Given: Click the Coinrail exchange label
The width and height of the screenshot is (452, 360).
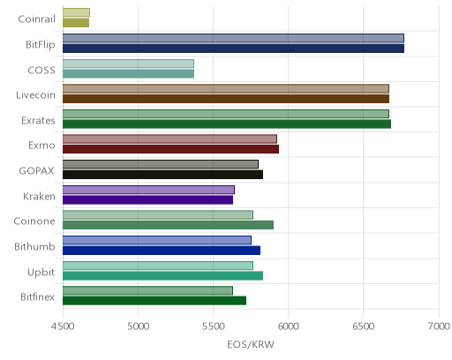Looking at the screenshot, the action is point(36,19).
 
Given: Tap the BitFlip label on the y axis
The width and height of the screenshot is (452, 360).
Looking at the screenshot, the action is point(41,44).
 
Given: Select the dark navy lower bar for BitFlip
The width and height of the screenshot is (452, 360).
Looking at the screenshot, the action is point(233,49).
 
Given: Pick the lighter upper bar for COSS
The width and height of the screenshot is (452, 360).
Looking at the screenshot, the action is point(128,64).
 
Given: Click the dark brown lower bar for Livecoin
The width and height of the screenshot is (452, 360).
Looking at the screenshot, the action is point(226,99).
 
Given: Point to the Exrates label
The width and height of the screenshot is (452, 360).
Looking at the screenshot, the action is point(38,121).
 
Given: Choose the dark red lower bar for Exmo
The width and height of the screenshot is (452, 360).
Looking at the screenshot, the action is point(170,149).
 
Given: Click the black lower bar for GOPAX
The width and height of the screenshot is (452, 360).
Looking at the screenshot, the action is point(162,175).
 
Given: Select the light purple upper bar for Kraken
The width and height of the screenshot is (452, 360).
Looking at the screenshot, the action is point(148,190).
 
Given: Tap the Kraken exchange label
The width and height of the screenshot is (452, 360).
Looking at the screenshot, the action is point(39,196).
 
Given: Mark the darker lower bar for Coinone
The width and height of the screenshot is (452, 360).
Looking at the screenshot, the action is point(168,225).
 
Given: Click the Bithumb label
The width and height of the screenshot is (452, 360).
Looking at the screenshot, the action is point(34,246).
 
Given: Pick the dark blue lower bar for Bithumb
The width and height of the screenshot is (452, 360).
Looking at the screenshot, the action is point(162,251).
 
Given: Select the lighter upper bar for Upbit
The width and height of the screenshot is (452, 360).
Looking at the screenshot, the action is point(158,266).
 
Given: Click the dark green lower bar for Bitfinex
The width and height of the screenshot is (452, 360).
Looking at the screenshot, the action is point(154,301).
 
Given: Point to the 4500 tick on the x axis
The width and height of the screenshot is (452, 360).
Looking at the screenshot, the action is point(63,326).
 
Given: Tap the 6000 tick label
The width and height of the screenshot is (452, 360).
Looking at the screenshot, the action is point(288,326).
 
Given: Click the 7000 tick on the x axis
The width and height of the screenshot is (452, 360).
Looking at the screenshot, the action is point(439,326).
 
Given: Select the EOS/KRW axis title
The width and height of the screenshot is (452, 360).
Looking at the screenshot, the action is point(251,344).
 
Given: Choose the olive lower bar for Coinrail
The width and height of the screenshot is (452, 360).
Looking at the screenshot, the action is point(76,23).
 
